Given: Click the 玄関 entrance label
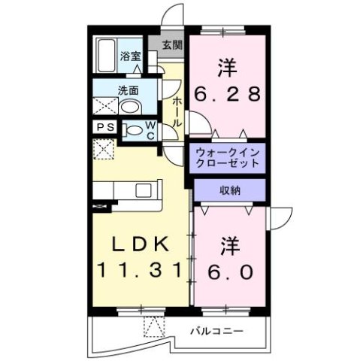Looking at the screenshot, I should [x=172, y=45].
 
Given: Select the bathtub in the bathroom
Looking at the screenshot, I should [x=107, y=55].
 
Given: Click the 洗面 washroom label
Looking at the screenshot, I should [x=128, y=91].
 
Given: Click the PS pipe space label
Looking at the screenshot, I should [x=104, y=128].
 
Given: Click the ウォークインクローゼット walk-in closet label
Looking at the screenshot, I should [x=228, y=157].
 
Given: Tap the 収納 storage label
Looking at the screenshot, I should [x=229, y=190].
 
